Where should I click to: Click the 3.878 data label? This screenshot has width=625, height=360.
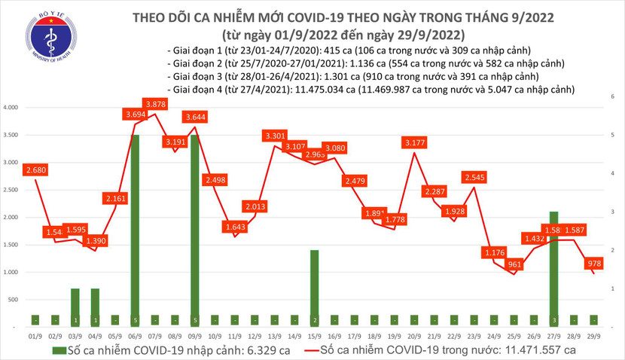[156, 103]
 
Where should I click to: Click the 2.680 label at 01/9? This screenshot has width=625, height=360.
[37, 170]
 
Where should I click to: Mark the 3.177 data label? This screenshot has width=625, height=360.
[414, 142]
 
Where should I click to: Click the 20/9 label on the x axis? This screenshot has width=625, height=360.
[413, 336]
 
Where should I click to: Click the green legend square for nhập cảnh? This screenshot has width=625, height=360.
[58, 351]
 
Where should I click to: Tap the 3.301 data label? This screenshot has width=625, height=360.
[275, 136]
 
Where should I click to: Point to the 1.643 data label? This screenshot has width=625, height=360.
[235, 226]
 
